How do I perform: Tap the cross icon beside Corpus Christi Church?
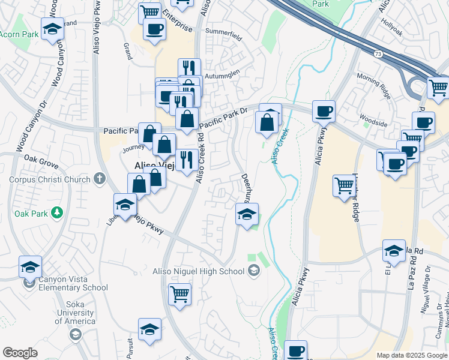[100, 179]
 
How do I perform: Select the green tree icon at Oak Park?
[57, 212]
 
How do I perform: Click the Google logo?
[20, 353]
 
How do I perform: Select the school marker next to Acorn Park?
[52, 28]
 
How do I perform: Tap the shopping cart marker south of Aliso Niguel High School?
[180, 295]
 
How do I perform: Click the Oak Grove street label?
[41, 161]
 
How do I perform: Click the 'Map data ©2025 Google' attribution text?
[411, 355]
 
